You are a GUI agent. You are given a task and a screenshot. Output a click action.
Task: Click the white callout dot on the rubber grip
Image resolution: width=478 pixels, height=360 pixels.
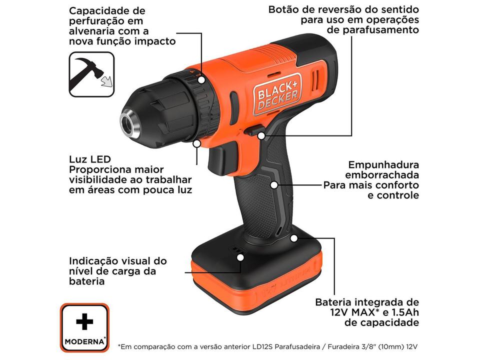tap(274, 184)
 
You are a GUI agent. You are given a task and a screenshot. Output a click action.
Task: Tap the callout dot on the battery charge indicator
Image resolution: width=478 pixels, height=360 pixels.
tap(240, 257)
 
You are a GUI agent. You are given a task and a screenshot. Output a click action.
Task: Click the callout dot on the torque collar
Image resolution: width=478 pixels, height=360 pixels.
tap(201, 79)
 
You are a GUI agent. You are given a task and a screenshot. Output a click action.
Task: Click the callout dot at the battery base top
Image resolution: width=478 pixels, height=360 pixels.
tap(294, 237)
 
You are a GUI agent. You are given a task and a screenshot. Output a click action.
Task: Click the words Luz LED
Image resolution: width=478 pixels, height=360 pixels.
tap(90, 159)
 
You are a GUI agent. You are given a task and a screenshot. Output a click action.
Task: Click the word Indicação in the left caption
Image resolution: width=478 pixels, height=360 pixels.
tap(94, 260)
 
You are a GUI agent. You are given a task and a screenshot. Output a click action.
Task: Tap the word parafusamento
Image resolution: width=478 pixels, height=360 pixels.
tap(372, 30)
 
